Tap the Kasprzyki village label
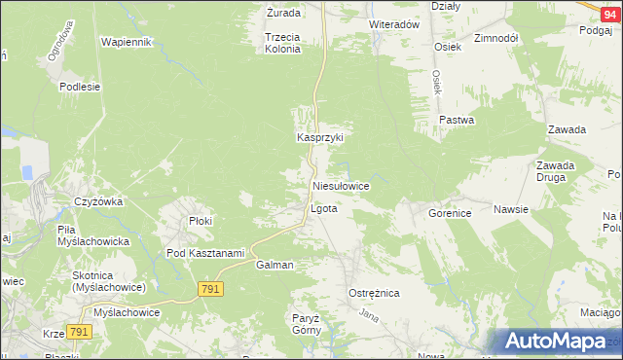(320, 138)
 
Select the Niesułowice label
(340, 185)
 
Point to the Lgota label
(323, 209)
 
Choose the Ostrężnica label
(374, 293)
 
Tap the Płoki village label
(201, 221)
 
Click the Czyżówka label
(97, 202)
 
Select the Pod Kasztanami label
(204, 254)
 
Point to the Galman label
(275, 265)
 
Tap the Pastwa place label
(456, 121)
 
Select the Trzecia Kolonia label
(282, 43)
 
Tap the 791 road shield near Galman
(210, 289)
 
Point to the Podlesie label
(80, 87)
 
